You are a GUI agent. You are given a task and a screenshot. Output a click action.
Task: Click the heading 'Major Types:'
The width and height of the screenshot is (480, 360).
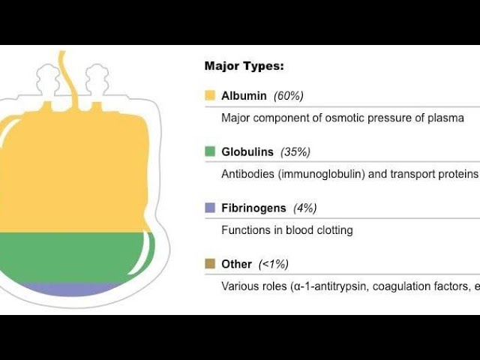[244, 66]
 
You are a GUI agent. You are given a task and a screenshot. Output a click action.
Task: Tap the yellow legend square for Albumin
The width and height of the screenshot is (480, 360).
[210, 95]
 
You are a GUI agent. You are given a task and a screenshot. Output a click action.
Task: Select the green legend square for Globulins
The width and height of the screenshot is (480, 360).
[210, 151]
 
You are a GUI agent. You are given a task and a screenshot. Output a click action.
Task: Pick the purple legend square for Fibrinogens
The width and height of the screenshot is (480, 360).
[210, 208]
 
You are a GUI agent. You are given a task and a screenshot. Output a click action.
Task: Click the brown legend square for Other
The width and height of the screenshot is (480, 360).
[210, 263]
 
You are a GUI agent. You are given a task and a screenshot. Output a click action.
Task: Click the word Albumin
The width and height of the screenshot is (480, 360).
[244, 96]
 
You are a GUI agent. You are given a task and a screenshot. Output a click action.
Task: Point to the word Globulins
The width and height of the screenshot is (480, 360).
[247, 151]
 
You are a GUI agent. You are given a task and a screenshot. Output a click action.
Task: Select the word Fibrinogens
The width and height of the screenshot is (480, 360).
[253, 208]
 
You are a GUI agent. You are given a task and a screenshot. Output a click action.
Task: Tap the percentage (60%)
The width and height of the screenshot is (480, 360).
[288, 96]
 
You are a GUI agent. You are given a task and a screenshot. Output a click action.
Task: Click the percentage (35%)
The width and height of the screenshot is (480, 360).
[295, 151]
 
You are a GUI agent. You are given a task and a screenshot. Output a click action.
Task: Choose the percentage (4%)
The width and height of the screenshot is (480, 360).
[305, 208]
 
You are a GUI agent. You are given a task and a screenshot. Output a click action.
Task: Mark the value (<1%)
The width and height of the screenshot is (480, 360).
[273, 264]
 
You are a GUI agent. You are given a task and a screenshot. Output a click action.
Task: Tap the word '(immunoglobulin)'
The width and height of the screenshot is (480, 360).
[322, 174]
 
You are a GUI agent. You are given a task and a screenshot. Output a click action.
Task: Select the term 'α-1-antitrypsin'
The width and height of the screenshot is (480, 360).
[329, 286]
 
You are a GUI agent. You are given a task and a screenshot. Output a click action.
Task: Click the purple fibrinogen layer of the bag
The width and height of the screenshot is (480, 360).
[70, 289]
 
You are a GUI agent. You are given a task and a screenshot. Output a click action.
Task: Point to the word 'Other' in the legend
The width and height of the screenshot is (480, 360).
[237, 264]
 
